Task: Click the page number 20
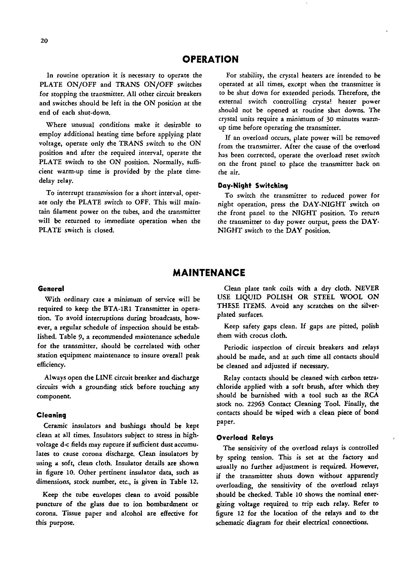tap(44, 41)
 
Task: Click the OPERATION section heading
tap(210, 59)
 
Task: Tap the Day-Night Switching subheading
tap(253, 186)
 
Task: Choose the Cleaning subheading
tap(51, 415)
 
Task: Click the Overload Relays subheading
tap(245, 437)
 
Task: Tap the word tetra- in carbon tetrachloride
tap(371, 378)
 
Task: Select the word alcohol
tap(132, 513)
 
